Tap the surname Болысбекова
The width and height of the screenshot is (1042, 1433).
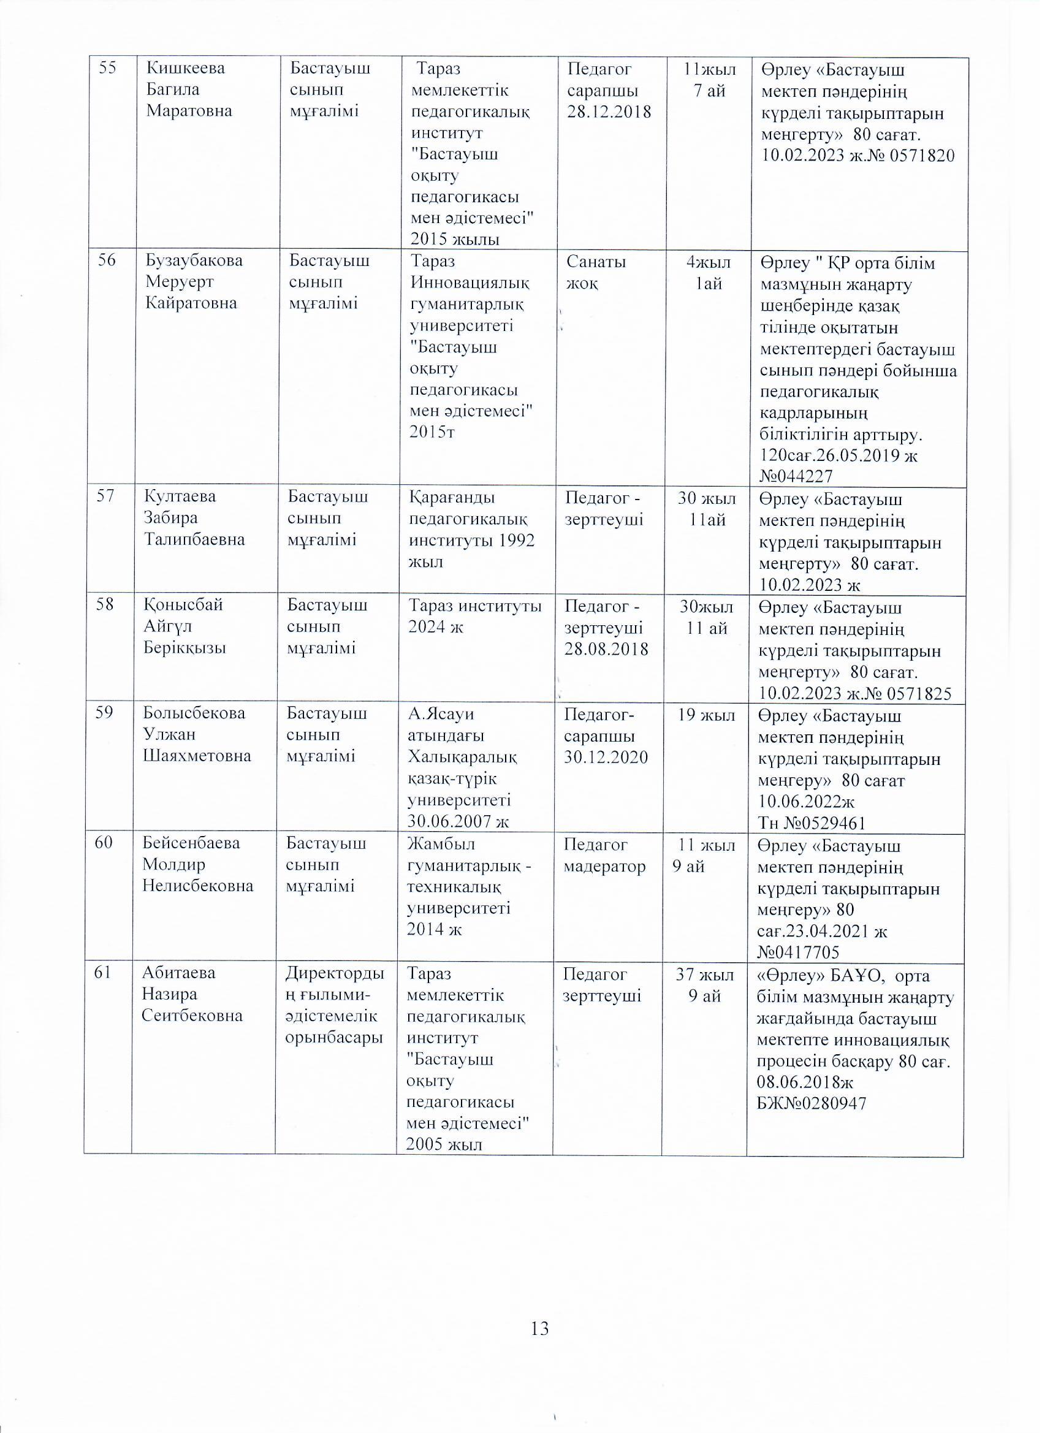[193, 713]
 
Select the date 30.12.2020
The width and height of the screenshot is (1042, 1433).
[606, 757]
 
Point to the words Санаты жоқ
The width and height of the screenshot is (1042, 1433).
[596, 272]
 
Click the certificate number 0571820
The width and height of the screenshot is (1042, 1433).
[921, 156]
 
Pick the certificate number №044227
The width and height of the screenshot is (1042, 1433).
[796, 476]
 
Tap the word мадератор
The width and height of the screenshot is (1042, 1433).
[604, 866]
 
